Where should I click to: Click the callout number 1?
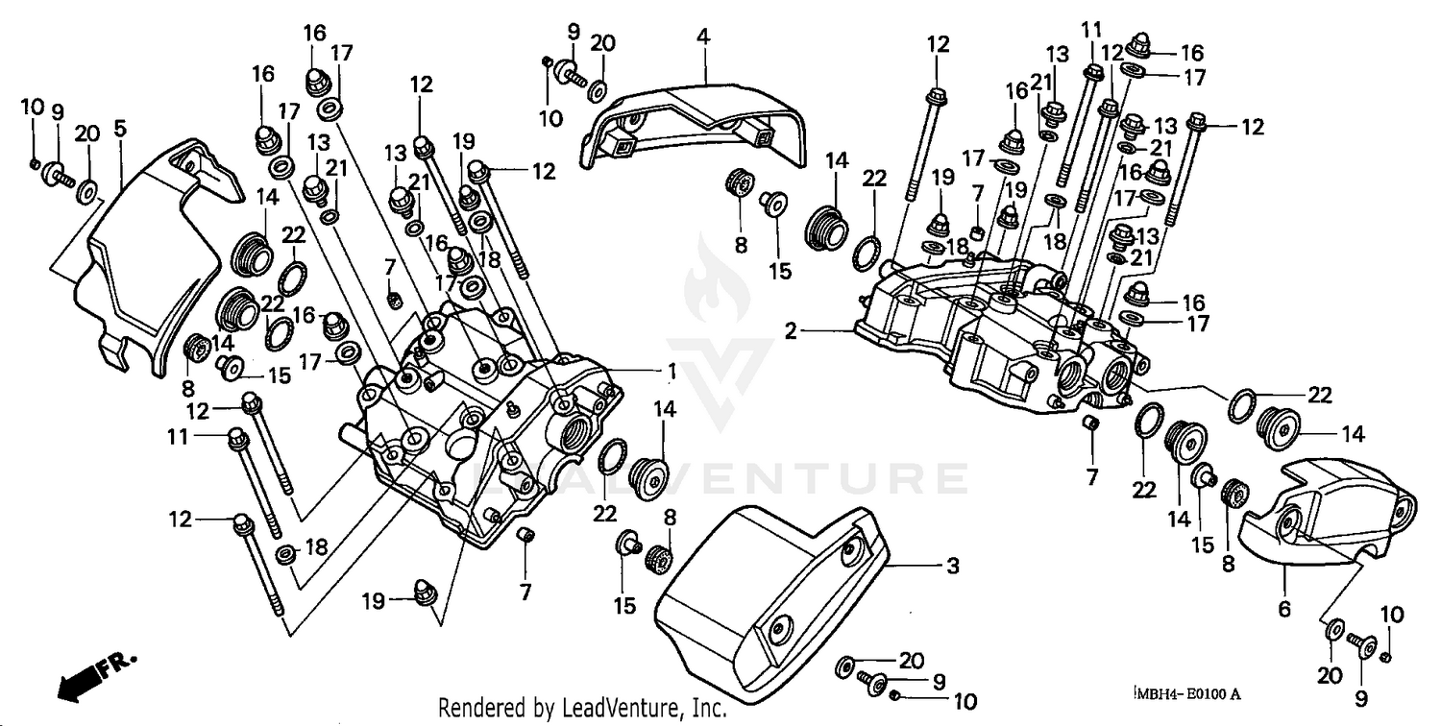pyautogui.click(x=673, y=371)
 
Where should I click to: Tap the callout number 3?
pyautogui.click(x=952, y=567)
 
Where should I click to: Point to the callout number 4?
pyautogui.click(x=703, y=37)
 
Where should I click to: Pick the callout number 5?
pyautogui.click(x=120, y=127)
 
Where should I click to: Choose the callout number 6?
pyautogui.click(x=1284, y=608)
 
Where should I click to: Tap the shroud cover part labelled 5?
pyautogui.click(x=154, y=259)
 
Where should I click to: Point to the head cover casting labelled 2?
pyautogui.click(x=999, y=336)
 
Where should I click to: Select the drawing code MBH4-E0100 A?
pyautogui.click(x=1187, y=693)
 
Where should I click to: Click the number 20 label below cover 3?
pyautogui.click(x=911, y=660)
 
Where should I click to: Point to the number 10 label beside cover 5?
pyautogui.click(x=32, y=106)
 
